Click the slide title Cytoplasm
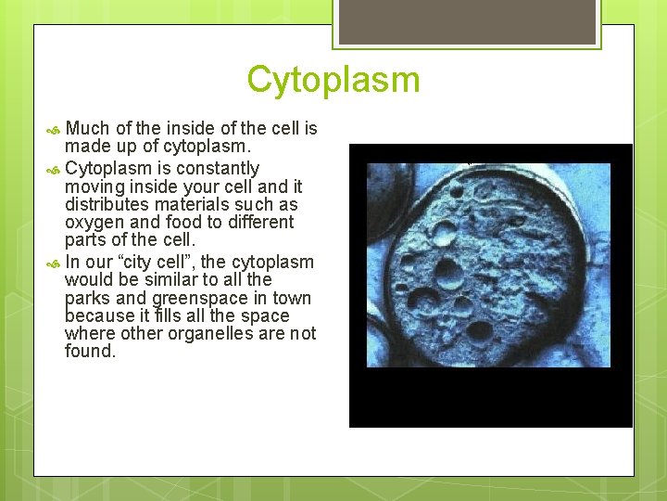point(333,80)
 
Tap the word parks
point(86,299)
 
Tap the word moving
point(90,186)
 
